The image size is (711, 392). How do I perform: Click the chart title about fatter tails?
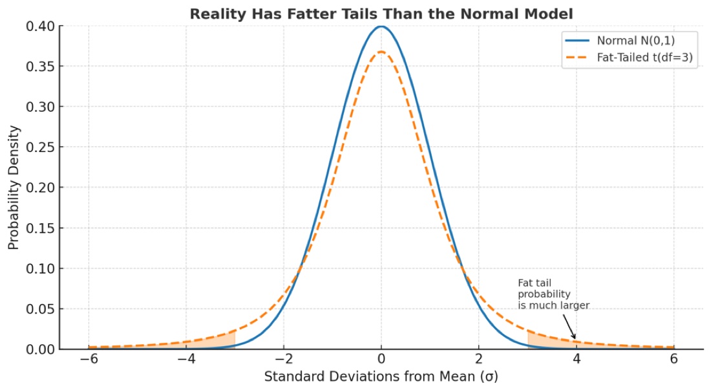381,14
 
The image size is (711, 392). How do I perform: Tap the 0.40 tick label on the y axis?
40,27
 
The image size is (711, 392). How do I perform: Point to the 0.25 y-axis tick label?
40,147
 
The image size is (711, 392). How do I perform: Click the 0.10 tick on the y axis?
40,268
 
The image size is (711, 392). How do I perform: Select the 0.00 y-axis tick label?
40,349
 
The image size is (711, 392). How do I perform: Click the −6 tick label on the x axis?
89,360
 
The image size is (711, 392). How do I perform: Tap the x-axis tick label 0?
381,360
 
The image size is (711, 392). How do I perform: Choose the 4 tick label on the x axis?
577,360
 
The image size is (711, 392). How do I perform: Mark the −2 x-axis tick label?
284,360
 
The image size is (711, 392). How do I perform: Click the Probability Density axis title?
14,188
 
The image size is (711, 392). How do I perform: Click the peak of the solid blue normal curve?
381,27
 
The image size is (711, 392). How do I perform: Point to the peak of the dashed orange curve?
381,52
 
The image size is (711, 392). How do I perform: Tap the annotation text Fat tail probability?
544,289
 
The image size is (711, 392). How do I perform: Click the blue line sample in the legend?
577,41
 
